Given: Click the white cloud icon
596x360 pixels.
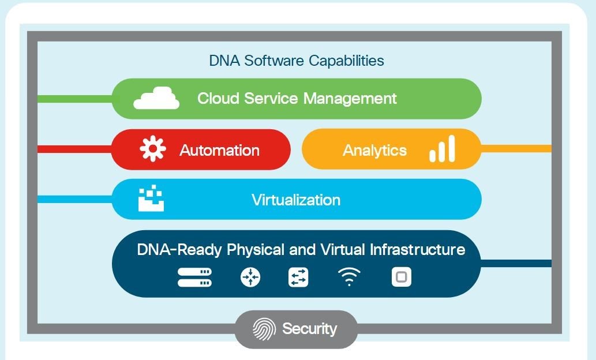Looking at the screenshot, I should tap(156, 99).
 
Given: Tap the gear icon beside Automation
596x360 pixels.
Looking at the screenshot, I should tap(153, 149).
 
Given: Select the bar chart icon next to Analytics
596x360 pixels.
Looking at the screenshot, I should tap(442, 149).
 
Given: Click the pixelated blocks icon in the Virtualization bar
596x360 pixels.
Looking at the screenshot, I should tap(151, 199).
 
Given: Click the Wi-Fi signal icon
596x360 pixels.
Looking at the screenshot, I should tap(349, 277).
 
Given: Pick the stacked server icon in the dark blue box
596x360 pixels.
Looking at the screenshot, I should tap(194, 277).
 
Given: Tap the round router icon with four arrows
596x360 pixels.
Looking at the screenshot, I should tap(250, 277).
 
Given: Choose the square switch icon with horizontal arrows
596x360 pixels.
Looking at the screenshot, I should tap(298, 277).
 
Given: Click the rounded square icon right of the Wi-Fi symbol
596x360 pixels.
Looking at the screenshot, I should tap(402, 277).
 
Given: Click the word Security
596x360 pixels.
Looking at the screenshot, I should tap(309, 329).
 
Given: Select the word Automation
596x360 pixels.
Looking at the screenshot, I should tap(219, 151).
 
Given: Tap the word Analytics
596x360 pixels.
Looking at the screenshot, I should tap(374, 151).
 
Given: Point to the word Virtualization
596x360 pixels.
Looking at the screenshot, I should tap(295, 200).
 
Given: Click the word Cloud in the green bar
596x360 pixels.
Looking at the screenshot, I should tap(218, 98).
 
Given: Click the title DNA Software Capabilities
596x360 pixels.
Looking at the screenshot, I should tap(296, 60).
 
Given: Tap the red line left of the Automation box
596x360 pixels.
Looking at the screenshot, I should tap(74, 149).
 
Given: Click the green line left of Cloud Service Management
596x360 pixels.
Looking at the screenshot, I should tap(74, 99).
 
